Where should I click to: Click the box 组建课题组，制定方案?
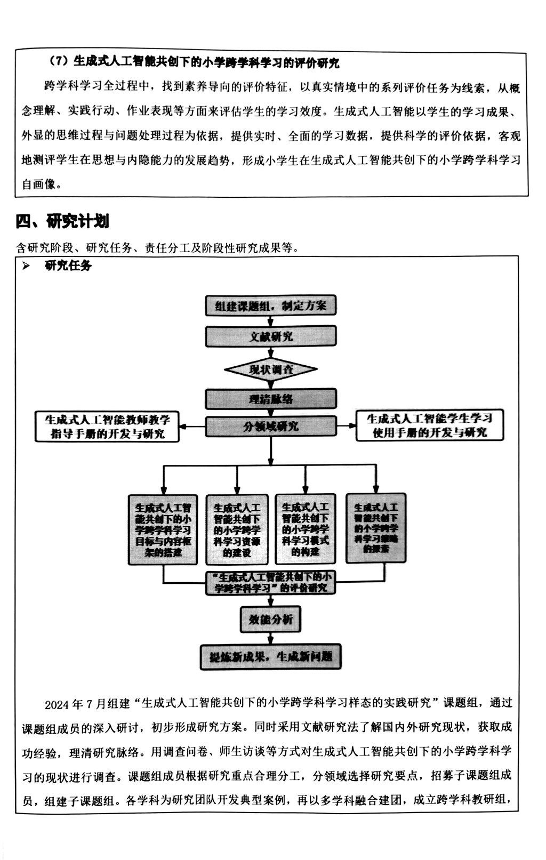coord(271,306)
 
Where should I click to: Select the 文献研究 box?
coord(271,336)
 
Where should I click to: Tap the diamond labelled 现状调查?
coord(271,369)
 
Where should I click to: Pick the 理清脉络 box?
coord(271,399)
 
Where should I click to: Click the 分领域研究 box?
coord(271,427)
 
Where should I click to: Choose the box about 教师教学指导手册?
coord(107,427)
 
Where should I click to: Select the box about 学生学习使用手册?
coord(429,425)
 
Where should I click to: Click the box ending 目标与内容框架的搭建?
coord(163,530)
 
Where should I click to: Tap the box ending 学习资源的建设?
coord(237,530)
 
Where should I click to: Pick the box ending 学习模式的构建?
coord(306,529)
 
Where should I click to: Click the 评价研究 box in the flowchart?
coord(271,583)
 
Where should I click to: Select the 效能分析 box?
coord(271,620)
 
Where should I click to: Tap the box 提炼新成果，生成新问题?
coord(271,656)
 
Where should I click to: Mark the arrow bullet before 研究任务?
coord(26,266)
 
